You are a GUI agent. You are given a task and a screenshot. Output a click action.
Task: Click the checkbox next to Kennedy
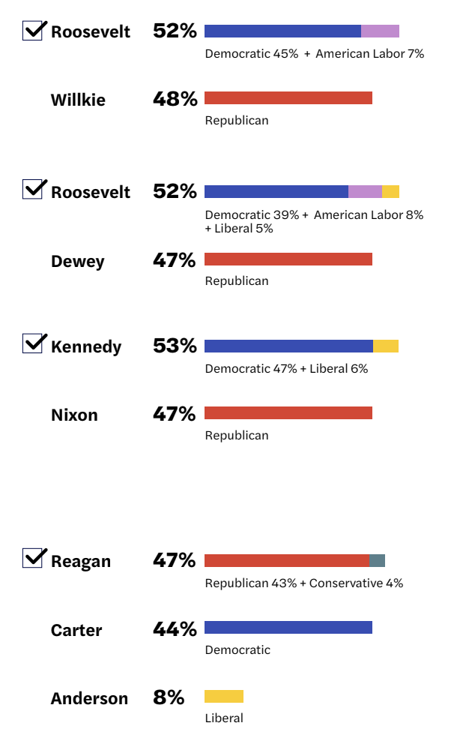pos(33,344)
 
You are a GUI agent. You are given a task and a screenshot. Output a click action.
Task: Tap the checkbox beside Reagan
pos(33,559)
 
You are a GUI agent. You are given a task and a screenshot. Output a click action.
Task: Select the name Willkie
pos(78,100)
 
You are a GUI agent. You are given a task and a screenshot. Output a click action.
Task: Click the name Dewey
pos(77,261)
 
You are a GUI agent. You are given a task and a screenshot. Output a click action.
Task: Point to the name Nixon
pos(74,415)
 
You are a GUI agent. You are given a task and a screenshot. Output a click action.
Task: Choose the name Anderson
pos(89,698)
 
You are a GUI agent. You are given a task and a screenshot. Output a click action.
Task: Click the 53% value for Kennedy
pos(175,346)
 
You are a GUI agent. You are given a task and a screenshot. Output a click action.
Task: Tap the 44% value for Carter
pos(175,628)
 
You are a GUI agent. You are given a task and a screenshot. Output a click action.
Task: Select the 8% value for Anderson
pos(169,697)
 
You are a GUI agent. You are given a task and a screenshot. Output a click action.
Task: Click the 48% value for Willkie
pos(175,98)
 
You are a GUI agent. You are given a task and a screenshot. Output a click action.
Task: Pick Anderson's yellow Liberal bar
pos(224,696)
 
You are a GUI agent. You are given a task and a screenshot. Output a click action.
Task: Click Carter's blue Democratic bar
pos(288,628)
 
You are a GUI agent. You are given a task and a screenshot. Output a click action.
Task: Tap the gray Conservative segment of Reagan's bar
pos(377,560)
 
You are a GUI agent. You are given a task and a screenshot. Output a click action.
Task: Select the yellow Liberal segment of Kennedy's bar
pos(386,346)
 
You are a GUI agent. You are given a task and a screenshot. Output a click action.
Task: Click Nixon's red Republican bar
pos(288,413)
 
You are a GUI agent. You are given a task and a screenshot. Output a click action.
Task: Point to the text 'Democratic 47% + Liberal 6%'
pos(286,368)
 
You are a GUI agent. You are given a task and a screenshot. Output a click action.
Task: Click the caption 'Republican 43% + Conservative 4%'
pos(304,583)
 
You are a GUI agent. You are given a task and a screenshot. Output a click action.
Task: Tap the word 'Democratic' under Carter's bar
pos(237,650)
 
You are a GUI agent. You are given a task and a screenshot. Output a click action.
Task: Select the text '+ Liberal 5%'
pos(239,228)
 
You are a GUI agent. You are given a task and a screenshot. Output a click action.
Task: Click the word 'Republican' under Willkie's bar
pos(237,120)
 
